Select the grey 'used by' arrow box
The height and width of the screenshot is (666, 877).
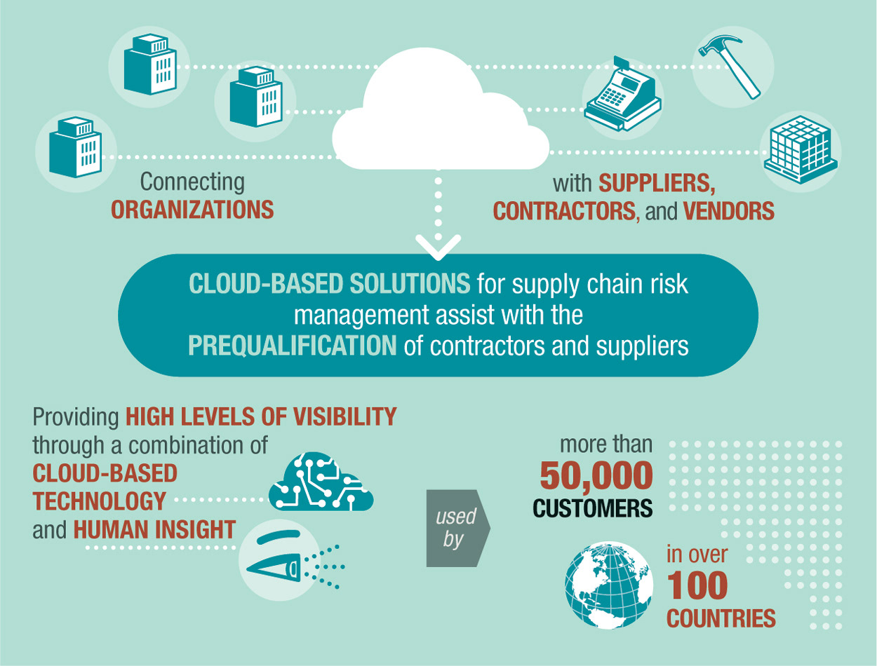click(457, 528)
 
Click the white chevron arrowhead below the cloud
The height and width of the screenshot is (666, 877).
click(438, 245)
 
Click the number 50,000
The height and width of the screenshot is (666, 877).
click(596, 476)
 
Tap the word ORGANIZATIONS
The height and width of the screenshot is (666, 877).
click(192, 210)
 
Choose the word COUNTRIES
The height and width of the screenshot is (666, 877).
click(721, 619)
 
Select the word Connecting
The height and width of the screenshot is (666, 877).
click(192, 182)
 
